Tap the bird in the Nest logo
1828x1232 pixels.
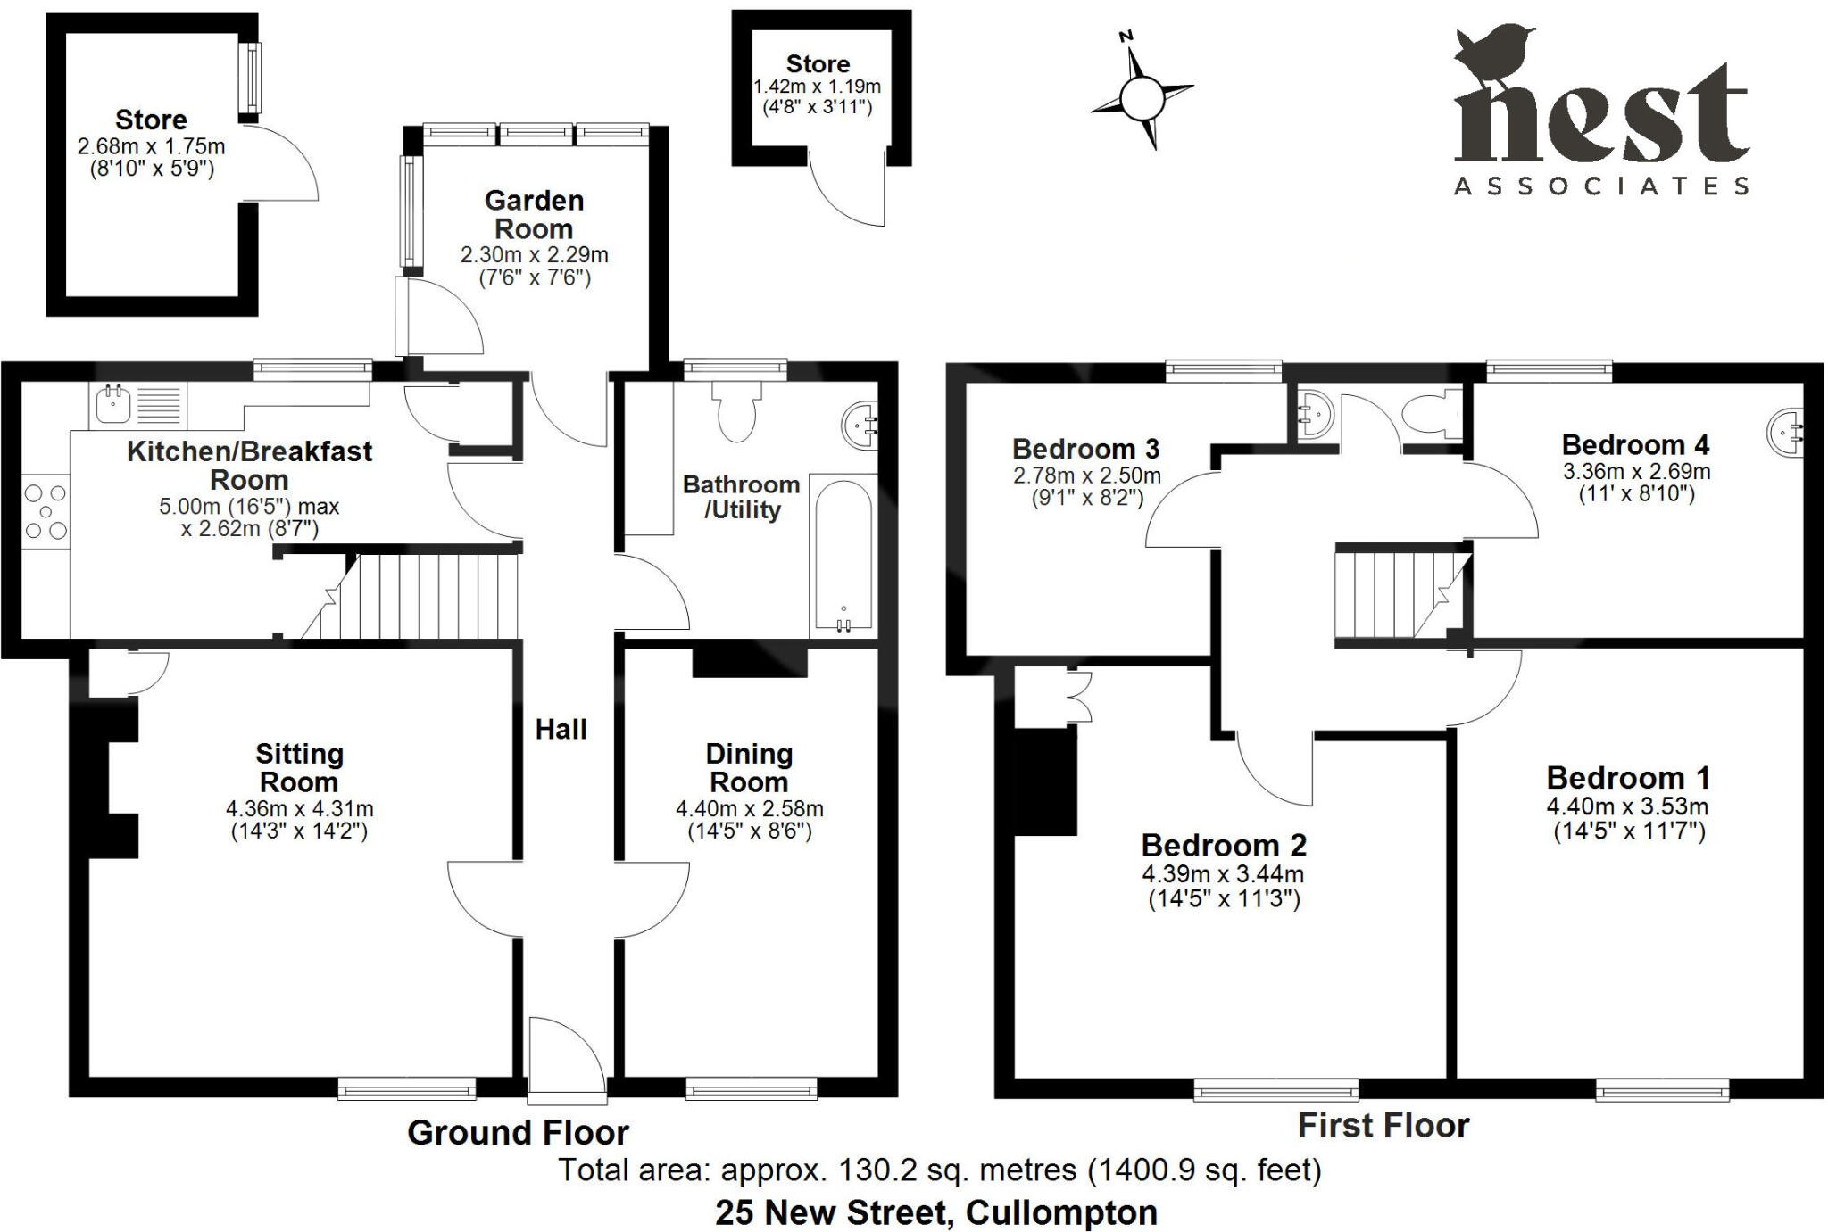[x=1492, y=54]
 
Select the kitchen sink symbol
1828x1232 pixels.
[x=112, y=404]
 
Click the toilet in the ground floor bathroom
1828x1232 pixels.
[x=736, y=409]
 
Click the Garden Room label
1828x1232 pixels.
[x=534, y=214]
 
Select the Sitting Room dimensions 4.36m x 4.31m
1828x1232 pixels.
[x=299, y=809]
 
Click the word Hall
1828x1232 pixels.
[x=561, y=730]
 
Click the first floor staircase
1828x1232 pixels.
[x=1398, y=594]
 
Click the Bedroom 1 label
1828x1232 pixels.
[x=1628, y=778]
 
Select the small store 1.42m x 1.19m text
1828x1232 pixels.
[x=818, y=87]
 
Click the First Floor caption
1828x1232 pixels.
[x=1383, y=1126]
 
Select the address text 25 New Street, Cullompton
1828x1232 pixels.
[x=936, y=1212]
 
